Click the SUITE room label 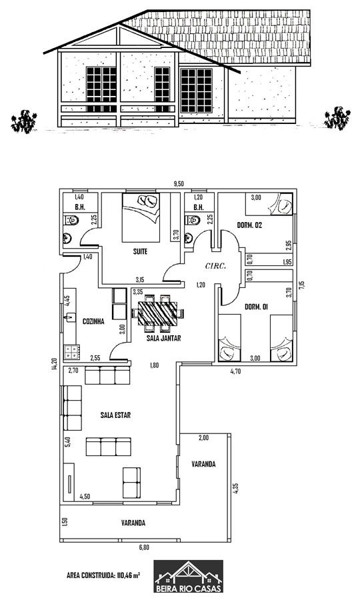(140, 252)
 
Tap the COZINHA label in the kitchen (93, 321)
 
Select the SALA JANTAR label (163, 338)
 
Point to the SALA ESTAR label (115, 415)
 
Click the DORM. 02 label (249, 225)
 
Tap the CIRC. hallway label (215, 266)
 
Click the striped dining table (158, 313)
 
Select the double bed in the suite (141, 217)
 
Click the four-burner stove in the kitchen (71, 352)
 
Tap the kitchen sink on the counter (70, 317)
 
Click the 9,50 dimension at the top (179, 184)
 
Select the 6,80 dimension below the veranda (144, 547)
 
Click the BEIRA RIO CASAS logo (189, 577)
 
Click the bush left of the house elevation (24, 121)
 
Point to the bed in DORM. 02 (269, 205)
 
